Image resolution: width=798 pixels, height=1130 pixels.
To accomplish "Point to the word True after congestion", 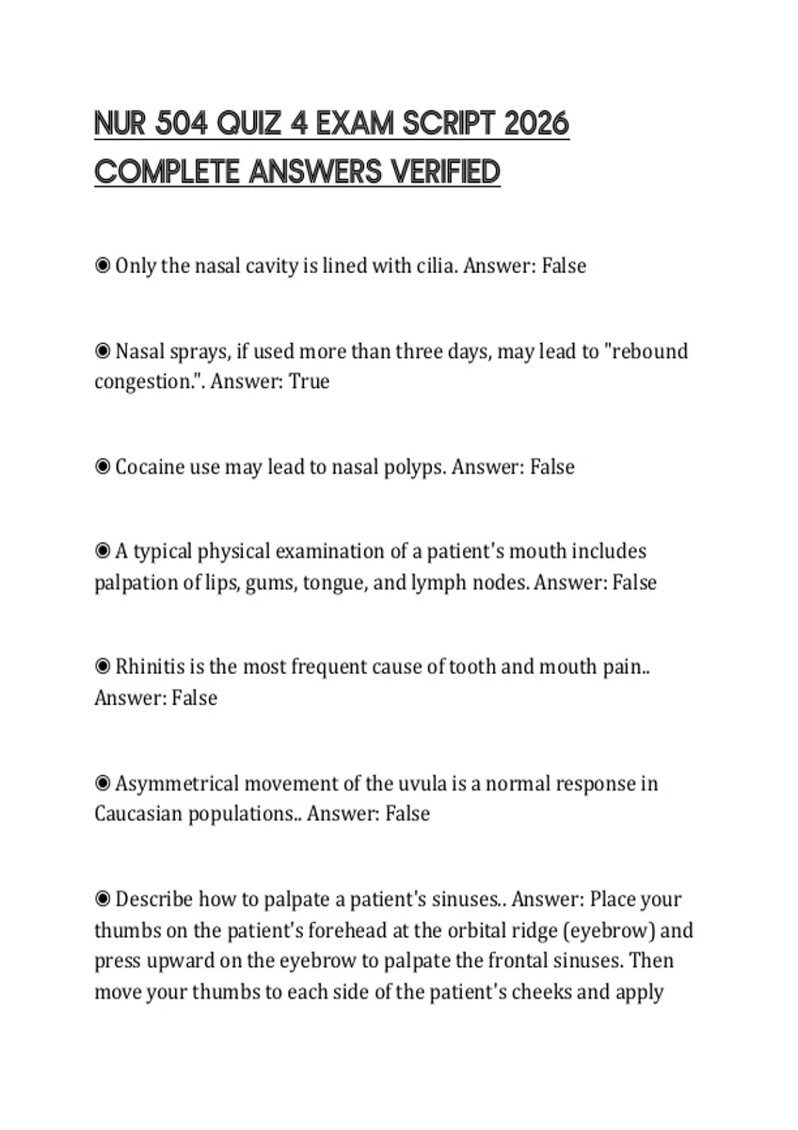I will pos(309,382).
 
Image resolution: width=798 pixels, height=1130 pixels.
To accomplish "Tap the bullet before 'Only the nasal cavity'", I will pos(102,266).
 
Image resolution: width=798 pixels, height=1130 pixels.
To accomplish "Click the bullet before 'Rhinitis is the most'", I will pos(102,666).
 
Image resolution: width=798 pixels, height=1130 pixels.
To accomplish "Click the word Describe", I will pos(154,899).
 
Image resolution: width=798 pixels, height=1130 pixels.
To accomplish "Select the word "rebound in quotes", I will pos(646,351).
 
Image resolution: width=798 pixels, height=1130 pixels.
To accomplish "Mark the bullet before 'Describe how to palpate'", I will pos(102,899).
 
